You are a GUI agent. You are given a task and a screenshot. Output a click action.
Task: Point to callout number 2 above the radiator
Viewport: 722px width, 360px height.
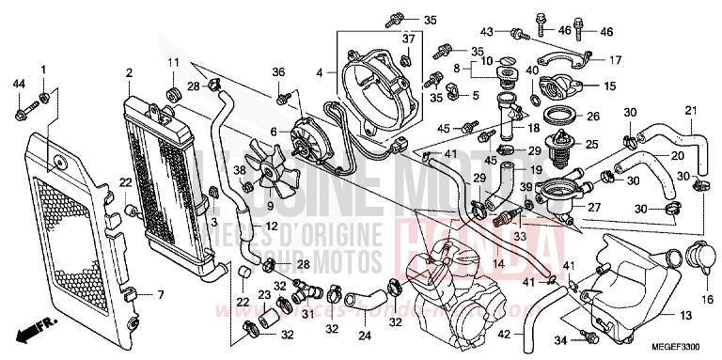pos(128,71)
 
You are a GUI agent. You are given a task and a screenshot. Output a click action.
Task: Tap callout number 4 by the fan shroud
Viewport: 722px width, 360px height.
pos(320,71)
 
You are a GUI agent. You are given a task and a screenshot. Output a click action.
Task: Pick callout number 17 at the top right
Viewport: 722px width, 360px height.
pos(616,60)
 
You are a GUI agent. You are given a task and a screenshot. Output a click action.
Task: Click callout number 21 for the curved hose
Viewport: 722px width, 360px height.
pos(690,112)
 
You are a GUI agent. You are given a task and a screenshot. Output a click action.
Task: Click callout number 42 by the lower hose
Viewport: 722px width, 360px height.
pos(506,334)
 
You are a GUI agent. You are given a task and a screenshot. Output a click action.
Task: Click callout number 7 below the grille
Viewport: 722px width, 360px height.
pos(160,295)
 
